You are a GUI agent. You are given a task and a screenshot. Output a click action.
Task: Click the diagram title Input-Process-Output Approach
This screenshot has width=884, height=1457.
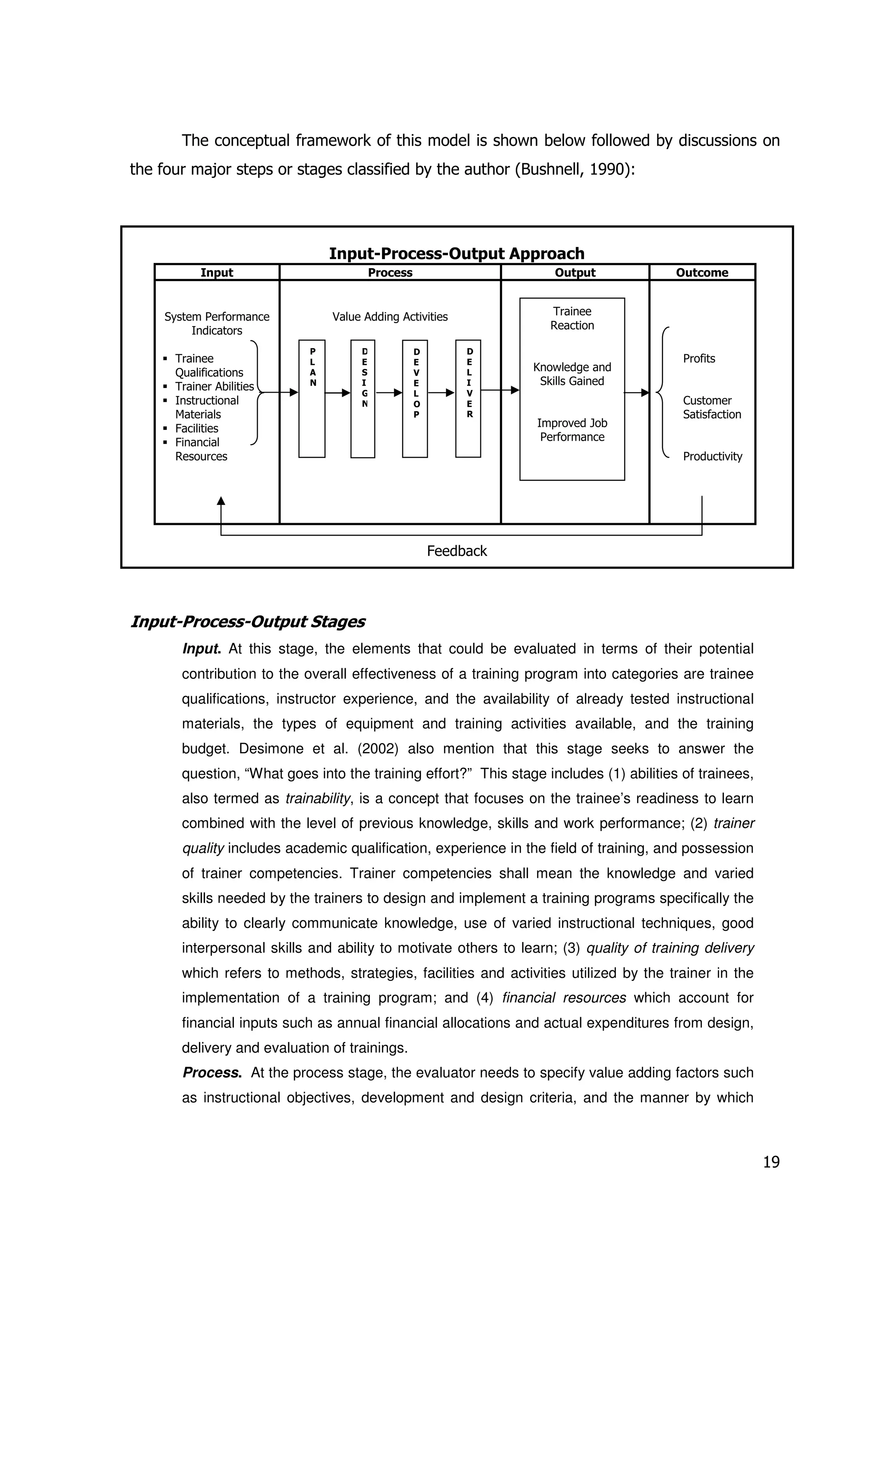(456, 254)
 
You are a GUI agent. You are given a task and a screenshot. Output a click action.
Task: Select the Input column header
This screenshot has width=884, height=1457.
(216, 273)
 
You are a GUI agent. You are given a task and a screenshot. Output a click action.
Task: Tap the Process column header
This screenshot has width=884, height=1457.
(390, 273)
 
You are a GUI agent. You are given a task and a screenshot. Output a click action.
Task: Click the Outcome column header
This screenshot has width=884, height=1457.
(701, 273)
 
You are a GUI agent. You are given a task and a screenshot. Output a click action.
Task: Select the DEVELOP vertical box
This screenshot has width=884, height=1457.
(414, 399)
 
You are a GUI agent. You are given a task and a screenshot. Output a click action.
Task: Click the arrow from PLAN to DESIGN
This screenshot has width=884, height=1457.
(338, 392)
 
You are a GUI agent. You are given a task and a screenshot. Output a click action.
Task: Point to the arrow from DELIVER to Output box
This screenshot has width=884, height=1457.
(500, 390)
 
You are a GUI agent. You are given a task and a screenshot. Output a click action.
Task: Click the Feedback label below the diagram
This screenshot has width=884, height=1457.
(456, 551)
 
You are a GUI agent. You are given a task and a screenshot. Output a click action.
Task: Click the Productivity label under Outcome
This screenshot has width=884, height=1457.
(712, 457)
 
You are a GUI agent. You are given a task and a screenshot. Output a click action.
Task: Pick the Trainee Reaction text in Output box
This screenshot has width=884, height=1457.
(571, 318)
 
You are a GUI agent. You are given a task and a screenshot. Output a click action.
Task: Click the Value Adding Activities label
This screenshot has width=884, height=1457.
(390, 317)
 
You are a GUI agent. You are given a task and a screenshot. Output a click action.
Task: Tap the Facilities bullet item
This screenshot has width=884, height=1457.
(196, 429)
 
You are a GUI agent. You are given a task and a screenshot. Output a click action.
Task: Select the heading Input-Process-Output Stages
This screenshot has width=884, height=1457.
(247, 622)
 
